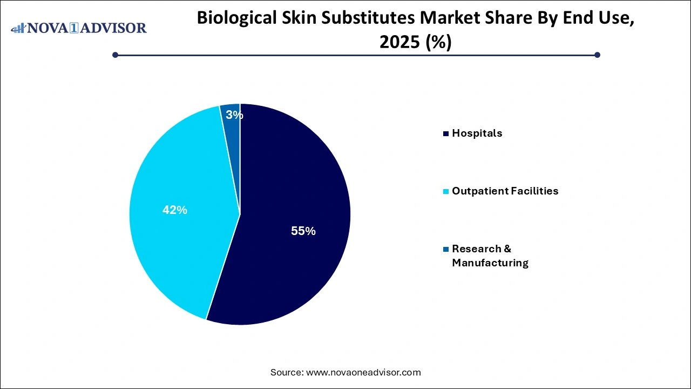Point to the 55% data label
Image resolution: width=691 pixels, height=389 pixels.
(x=303, y=231)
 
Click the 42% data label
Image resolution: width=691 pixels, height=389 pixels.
(x=174, y=210)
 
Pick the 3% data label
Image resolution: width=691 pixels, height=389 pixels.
(x=234, y=115)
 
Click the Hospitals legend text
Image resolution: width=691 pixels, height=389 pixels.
(x=477, y=133)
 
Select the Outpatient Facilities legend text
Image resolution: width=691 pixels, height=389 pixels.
(x=505, y=191)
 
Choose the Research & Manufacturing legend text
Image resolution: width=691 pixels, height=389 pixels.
(x=490, y=256)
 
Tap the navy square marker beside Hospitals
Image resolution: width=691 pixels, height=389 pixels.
(x=445, y=133)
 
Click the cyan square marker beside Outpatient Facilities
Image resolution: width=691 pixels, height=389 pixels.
(x=445, y=191)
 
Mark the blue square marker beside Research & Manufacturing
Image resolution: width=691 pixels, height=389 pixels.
(x=445, y=249)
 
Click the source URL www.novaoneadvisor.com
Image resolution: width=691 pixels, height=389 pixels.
(x=363, y=372)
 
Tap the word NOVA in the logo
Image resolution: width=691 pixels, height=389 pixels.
(x=47, y=28)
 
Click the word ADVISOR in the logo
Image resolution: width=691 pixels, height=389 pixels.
(x=116, y=28)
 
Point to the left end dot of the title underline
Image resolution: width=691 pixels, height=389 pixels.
(x=115, y=55)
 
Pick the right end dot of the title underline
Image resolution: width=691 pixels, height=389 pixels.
(x=597, y=55)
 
